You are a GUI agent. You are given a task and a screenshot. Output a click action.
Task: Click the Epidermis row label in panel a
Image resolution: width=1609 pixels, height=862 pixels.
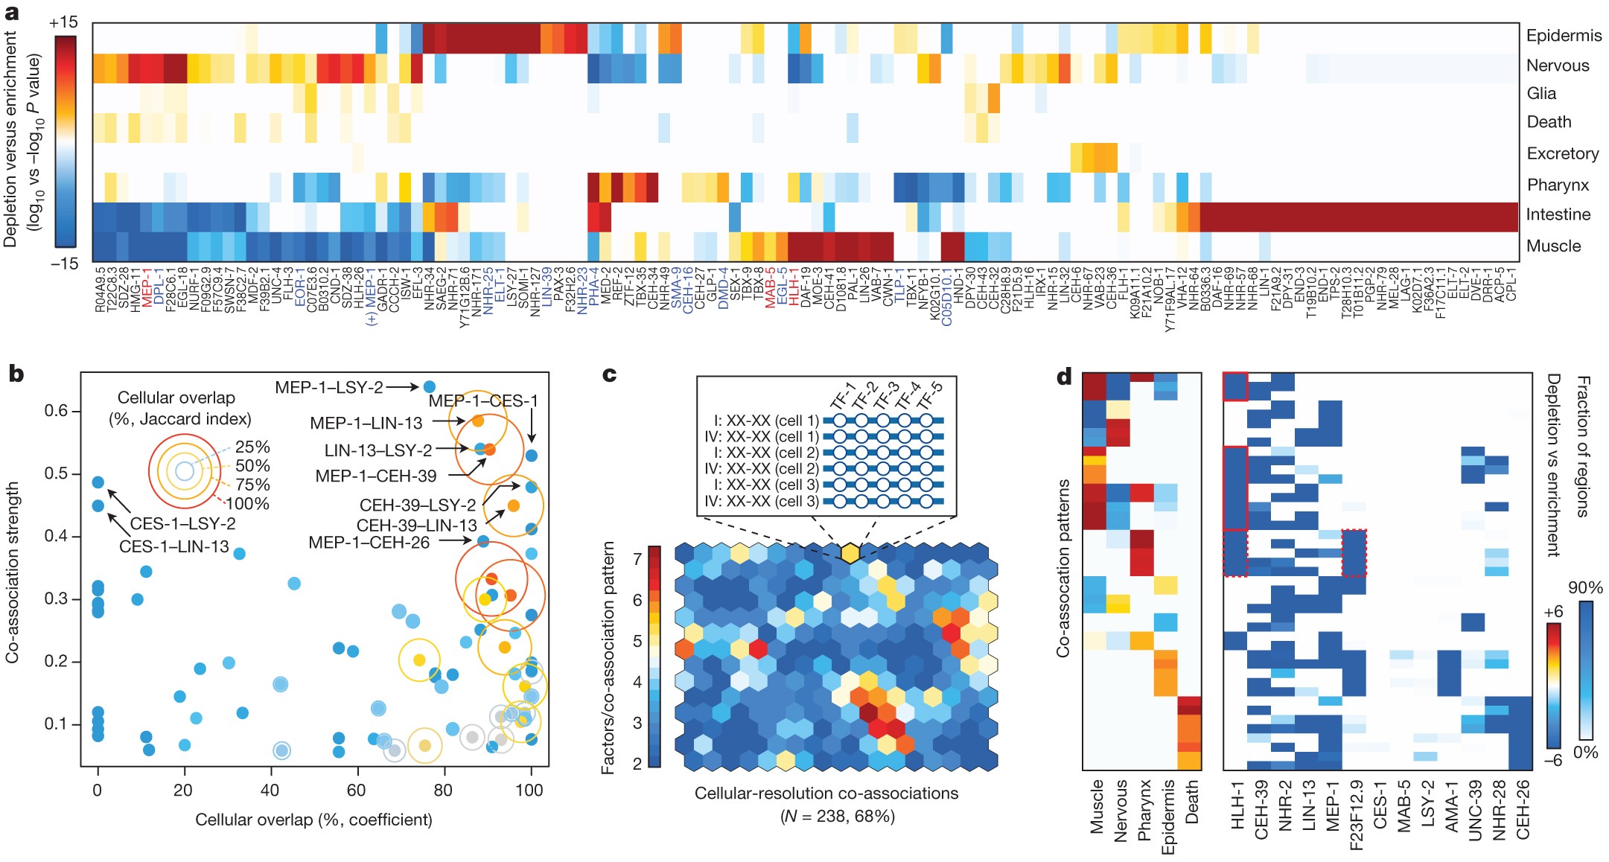(x=1564, y=36)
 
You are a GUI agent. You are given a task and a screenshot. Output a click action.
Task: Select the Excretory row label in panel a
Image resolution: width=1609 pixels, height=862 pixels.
(x=1562, y=154)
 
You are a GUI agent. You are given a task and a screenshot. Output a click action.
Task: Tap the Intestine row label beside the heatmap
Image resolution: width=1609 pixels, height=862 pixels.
(x=1558, y=215)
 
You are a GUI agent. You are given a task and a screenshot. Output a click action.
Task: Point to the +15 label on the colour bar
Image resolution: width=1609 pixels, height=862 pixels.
(x=63, y=23)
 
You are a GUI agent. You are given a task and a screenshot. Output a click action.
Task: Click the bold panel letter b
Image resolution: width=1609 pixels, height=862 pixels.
(x=16, y=374)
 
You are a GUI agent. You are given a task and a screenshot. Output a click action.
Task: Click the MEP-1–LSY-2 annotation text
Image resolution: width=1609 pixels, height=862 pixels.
(x=328, y=388)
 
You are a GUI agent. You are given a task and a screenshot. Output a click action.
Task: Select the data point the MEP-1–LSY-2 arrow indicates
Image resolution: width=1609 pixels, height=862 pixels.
(x=429, y=387)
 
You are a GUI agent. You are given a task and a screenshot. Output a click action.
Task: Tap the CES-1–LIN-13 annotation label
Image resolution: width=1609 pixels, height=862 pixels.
(x=173, y=547)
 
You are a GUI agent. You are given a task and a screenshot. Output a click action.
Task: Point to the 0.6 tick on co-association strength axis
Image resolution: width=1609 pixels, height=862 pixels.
(x=57, y=412)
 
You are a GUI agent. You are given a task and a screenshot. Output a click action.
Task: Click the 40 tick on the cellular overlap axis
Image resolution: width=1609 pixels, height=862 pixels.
(x=270, y=791)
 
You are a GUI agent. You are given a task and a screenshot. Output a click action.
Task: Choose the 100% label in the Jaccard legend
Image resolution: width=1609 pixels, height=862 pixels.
(x=247, y=504)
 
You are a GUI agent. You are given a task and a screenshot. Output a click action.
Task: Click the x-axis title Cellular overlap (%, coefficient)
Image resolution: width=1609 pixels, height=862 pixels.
(x=313, y=820)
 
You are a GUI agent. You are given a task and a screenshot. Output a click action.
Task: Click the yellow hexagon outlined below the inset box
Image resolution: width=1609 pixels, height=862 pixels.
(x=850, y=552)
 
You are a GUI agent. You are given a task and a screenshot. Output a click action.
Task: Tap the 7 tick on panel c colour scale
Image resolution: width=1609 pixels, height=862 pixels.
(x=637, y=559)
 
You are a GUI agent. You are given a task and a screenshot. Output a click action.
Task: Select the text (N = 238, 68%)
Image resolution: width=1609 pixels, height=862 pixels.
(x=837, y=817)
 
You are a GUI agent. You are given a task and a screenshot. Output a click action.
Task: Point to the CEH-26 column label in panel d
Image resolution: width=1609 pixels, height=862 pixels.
(x=1523, y=810)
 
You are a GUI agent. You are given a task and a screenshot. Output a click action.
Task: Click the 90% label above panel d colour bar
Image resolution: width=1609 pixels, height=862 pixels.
(x=1584, y=588)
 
